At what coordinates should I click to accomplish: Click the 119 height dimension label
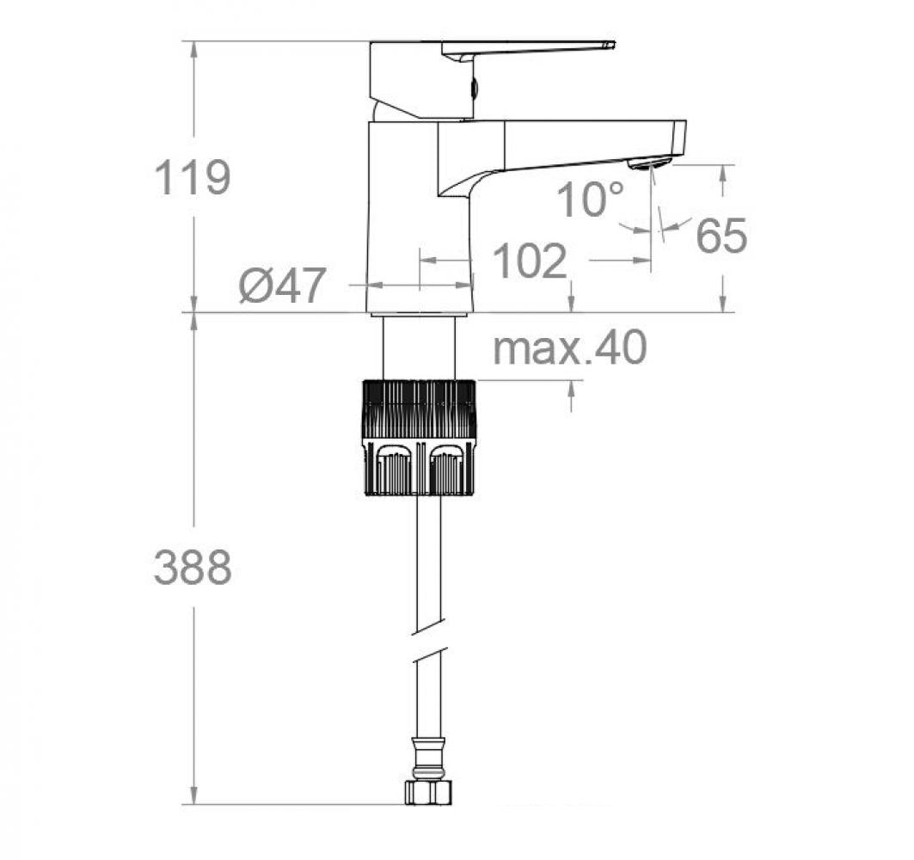[x=193, y=179]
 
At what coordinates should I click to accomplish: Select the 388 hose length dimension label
[x=193, y=568]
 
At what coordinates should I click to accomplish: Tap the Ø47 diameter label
[x=283, y=286]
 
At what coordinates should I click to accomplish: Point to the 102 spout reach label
[x=530, y=261]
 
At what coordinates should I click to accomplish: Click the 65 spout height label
[x=721, y=236]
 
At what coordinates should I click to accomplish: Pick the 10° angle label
[x=590, y=200]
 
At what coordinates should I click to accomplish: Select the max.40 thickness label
[x=569, y=348]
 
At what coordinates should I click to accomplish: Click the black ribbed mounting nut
[x=420, y=437]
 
